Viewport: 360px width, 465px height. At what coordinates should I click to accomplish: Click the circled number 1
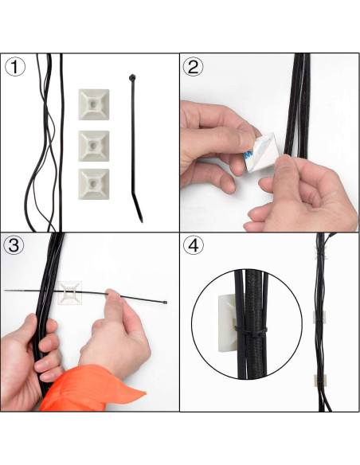point(14,67)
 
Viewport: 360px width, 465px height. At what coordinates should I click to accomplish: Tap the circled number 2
point(194,67)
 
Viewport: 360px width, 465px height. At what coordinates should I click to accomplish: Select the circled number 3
point(14,245)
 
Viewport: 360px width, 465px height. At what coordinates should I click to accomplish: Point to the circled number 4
point(194,245)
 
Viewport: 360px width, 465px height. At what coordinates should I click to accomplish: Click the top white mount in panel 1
point(93,104)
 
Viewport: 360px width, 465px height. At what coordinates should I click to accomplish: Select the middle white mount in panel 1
point(93,144)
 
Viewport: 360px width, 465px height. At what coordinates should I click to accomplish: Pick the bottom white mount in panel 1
point(93,182)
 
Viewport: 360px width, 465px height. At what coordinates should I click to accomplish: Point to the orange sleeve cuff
point(88,390)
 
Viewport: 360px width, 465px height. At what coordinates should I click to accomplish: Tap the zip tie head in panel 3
point(165,303)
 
